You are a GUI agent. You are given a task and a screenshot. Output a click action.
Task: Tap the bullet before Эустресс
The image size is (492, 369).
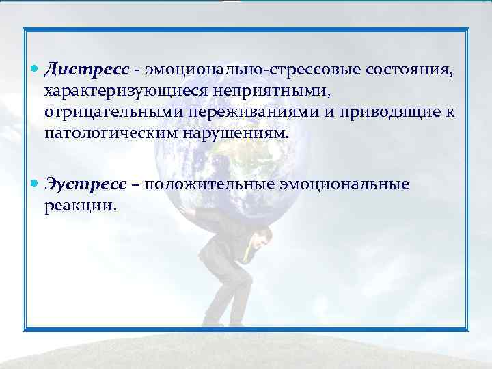click(x=36, y=185)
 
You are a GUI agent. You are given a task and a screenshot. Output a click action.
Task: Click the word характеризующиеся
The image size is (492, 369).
click(x=128, y=91)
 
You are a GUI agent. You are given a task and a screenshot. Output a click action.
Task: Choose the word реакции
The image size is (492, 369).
click(x=81, y=205)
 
